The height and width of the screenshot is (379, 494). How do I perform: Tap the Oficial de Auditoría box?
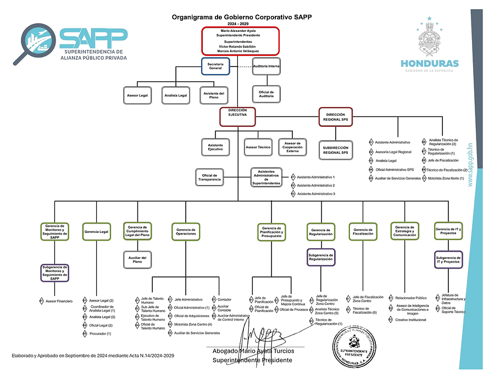pos(267,94)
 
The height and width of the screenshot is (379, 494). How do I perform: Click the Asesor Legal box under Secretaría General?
pos(137,96)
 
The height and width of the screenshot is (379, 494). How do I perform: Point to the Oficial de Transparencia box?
pos(209,177)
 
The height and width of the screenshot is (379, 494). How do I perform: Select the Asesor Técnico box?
pos(258,148)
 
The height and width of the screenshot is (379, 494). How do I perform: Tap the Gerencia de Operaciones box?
pos(186,231)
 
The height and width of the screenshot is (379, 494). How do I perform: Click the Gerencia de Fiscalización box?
pos(363,231)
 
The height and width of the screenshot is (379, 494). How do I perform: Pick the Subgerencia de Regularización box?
pos(321,257)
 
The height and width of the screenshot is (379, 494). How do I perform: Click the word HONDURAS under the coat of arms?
pos(429,63)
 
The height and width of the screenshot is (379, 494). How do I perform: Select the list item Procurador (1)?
pos(100,334)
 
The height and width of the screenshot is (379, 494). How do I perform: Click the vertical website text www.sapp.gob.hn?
pos(470,165)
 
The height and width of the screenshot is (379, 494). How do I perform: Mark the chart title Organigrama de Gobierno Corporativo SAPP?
pos(242,17)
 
